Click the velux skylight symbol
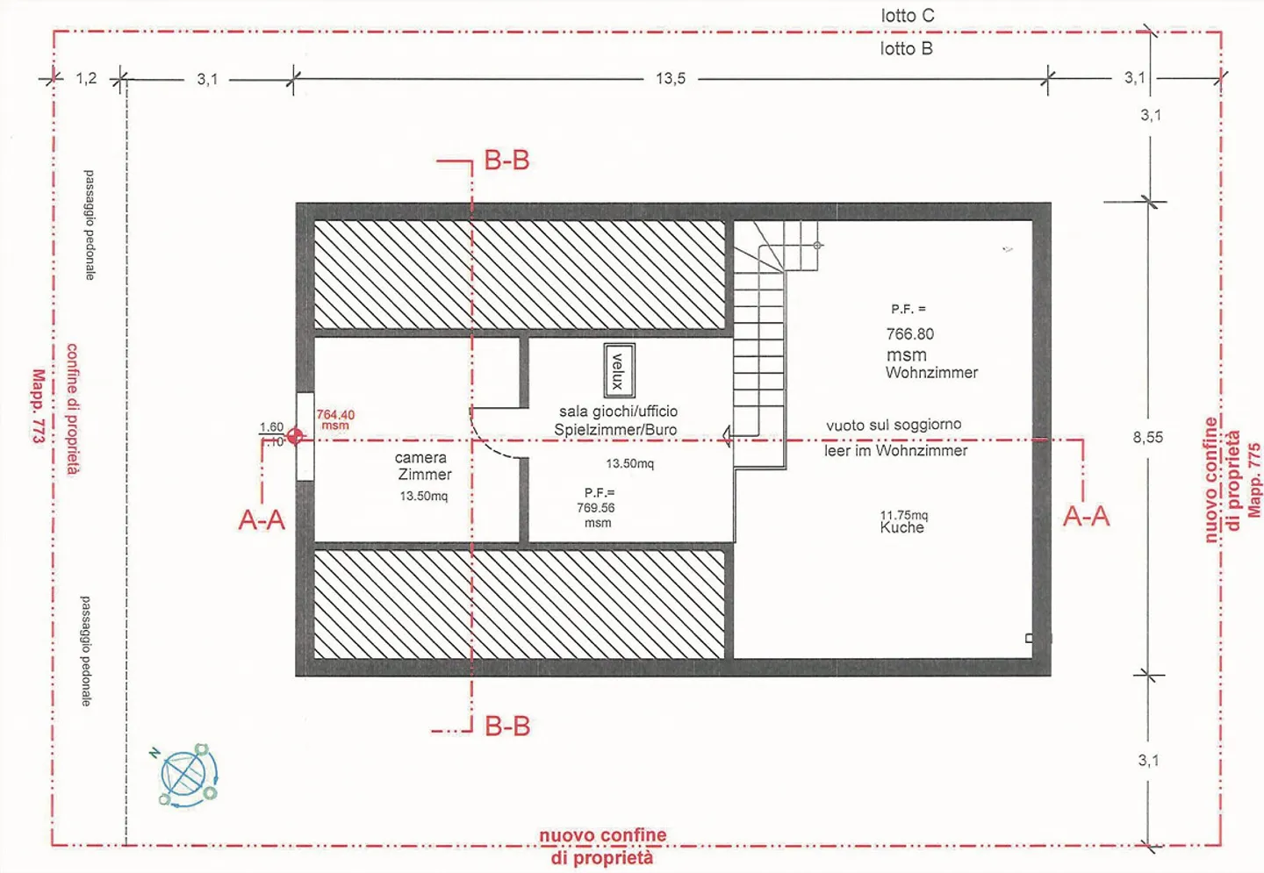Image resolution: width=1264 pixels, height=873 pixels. (619, 370)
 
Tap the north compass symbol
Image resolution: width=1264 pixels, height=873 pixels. (187, 776)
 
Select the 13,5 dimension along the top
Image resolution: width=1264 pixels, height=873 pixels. (670, 79)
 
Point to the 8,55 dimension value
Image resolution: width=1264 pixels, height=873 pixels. (1147, 437)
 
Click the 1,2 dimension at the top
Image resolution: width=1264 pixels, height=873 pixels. (86, 79)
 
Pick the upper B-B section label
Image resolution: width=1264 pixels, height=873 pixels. (506, 161)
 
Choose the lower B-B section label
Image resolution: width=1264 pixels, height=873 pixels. (507, 726)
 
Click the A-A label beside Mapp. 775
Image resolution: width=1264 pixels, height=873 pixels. (1086, 517)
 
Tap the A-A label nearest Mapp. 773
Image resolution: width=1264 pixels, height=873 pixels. (262, 520)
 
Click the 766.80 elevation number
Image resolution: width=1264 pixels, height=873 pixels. (910, 334)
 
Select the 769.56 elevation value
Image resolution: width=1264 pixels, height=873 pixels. (596, 508)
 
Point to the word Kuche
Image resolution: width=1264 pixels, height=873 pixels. (902, 528)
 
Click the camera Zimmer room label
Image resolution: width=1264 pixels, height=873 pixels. (423, 466)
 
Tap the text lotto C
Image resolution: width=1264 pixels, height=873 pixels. (908, 16)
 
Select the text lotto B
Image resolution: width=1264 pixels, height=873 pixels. (906, 49)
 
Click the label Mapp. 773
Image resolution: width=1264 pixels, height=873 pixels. (38, 405)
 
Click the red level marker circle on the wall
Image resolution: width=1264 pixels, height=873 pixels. (295, 436)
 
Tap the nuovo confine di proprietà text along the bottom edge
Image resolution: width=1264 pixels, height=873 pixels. (602, 847)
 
